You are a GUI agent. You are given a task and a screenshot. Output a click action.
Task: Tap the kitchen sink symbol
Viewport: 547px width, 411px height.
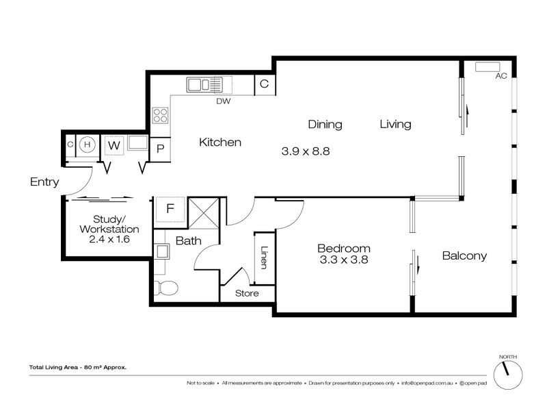tap(204, 85)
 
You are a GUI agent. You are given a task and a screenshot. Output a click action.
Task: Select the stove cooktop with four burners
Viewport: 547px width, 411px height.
tap(161, 115)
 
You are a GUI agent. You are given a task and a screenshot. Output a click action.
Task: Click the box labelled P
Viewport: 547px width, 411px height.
tap(160, 148)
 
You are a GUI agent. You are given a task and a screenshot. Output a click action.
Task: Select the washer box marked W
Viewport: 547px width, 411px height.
tap(114, 145)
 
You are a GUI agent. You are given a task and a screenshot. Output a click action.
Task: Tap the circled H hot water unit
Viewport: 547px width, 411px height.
tap(87, 145)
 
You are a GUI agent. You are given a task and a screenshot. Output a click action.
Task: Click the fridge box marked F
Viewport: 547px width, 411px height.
tap(170, 208)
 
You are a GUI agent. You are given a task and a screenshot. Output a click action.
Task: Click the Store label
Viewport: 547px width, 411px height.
tap(247, 294)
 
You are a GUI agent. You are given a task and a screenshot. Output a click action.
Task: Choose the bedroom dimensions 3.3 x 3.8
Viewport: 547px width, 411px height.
tap(344, 260)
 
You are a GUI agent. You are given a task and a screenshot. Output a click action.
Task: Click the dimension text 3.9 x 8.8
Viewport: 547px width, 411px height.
tap(306, 151)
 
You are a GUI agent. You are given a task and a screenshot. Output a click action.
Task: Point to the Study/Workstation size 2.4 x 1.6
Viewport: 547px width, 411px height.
tap(109, 240)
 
